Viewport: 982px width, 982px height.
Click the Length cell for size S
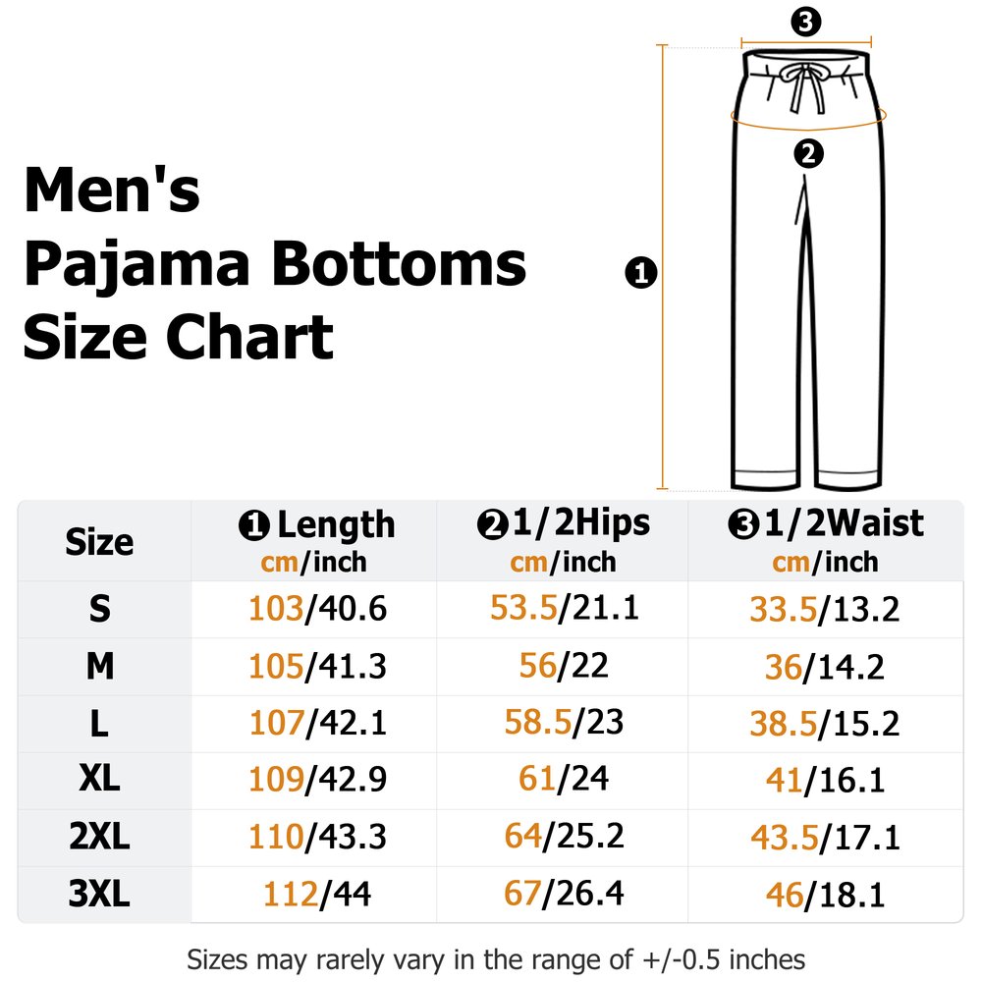coord(317,609)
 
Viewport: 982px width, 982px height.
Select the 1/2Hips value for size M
coord(564,665)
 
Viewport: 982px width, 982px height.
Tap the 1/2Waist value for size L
coord(824,724)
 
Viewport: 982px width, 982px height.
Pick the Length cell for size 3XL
coord(317,894)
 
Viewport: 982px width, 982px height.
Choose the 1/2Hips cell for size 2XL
coord(564,836)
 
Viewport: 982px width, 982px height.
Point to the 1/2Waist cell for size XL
coord(825,781)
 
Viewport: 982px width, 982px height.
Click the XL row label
coord(99,780)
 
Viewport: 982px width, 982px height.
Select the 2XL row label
coord(99,837)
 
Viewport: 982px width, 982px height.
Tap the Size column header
coord(99,542)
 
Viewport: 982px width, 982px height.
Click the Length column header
coord(317,542)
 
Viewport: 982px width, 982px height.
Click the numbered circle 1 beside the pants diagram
coord(641,273)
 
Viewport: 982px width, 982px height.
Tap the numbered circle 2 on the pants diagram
coord(808,154)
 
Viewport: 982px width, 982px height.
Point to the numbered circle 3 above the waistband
coord(805,22)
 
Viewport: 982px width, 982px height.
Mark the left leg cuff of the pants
coord(765,478)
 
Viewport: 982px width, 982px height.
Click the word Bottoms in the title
coord(399,264)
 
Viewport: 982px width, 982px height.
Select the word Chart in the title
coord(249,337)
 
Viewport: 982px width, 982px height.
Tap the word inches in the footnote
coord(767,959)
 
